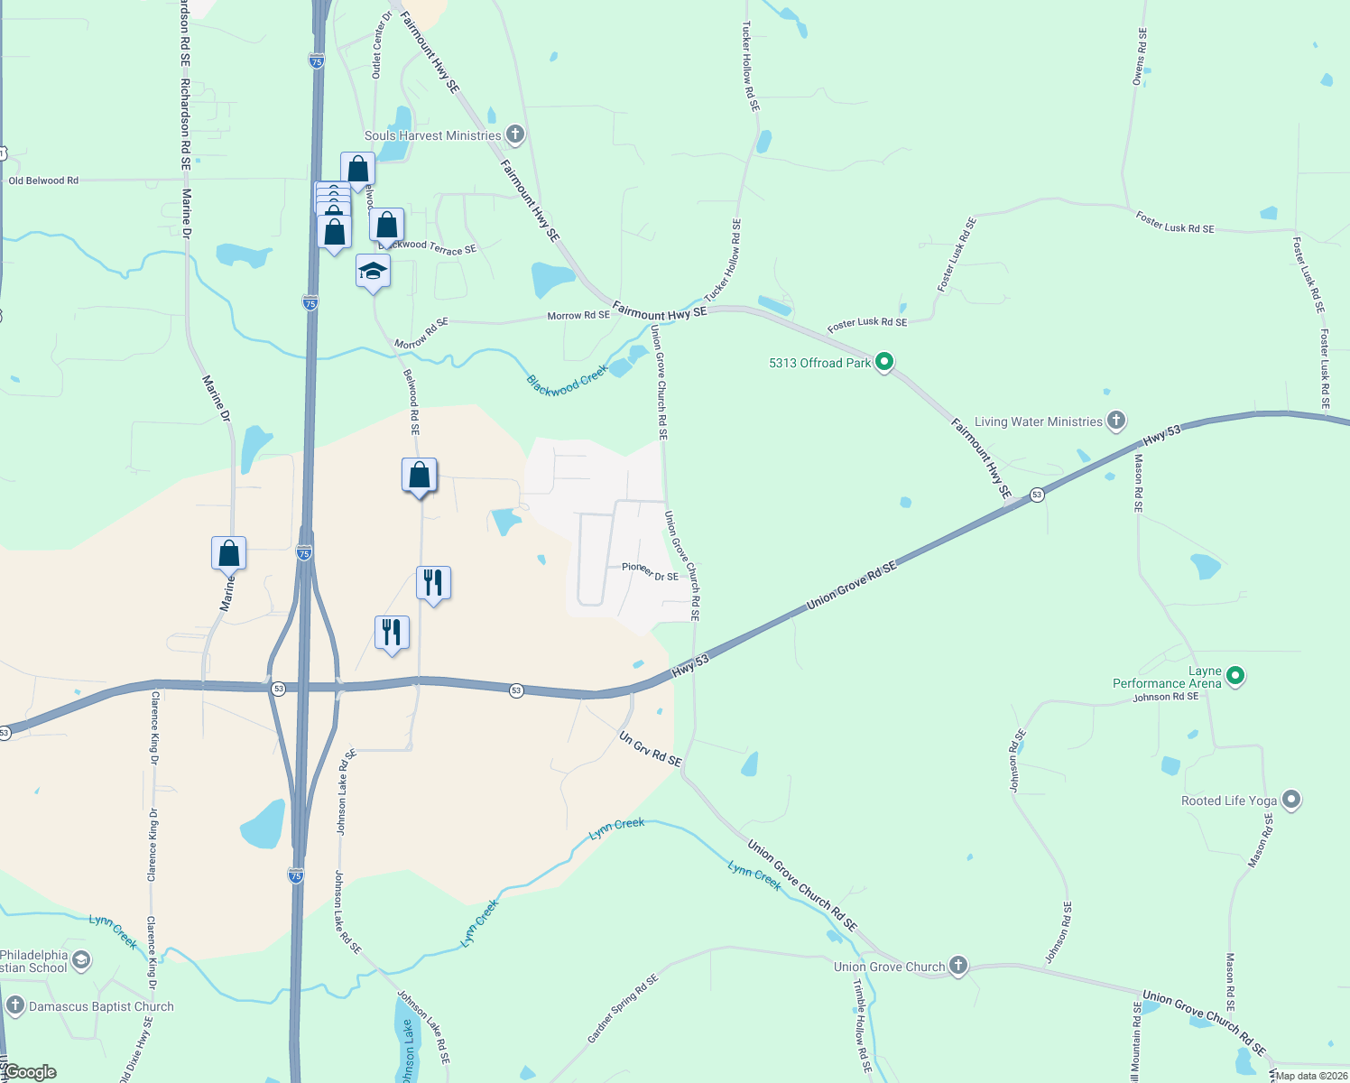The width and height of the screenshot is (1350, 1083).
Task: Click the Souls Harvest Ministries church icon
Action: (515, 135)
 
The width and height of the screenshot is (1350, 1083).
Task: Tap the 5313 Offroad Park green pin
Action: (884, 363)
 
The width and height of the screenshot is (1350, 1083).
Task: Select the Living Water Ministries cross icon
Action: (1116, 421)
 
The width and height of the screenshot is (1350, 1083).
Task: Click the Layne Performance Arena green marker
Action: (1236, 675)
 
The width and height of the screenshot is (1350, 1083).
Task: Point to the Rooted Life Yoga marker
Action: (1291, 800)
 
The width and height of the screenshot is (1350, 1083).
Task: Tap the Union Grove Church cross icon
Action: (958, 967)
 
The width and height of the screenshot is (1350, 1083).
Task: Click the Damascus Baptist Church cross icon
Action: (14, 1005)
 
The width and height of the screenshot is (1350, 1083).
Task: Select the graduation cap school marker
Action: (373, 272)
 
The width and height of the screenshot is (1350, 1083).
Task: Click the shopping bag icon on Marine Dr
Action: (229, 554)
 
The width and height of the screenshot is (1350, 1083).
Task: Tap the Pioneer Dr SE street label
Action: (650, 571)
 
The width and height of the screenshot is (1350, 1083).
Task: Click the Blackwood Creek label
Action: (567, 381)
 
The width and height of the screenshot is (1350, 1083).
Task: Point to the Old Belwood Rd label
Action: (43, 180)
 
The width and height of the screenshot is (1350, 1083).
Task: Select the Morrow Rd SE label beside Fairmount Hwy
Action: (578, 316)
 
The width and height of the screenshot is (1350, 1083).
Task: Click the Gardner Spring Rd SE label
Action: (623, 1008)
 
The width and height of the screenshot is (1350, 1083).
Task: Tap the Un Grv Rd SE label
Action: (650, 750)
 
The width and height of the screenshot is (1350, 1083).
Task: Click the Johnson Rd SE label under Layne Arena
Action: (1166, 697)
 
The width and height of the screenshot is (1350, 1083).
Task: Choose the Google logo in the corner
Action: (30, 1072)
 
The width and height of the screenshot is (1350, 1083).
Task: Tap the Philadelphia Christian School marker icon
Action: (80, 960)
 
